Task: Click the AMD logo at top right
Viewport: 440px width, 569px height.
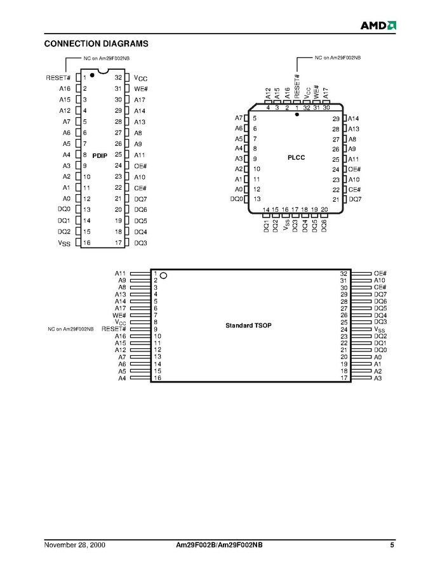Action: pyautogui.click(x=378, y=25)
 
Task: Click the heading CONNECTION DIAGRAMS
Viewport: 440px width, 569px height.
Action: pyautogui.click(x=97, y=44)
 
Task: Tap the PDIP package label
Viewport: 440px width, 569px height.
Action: pyautogui.click(x=100, y=155)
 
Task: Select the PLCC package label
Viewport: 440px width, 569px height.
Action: pyautogui.click(x=296, y=157)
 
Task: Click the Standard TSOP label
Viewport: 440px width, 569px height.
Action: pyautogui.click(x=248, y=325)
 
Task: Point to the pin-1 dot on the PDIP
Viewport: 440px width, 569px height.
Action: pyautogui.click(x=92, y=75)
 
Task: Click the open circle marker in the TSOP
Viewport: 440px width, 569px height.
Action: pyautogui.click(x=164, y=276)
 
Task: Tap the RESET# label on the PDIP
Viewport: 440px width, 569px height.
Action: pyautogui.click(x=58, y=77)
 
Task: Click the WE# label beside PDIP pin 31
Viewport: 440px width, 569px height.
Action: pyautogui.click(x=141, y=89)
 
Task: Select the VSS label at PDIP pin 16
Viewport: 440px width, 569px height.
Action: pyautogui.click(x=64, y=243)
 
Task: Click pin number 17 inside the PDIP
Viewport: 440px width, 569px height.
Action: pyautogui.click(x=119, y=242)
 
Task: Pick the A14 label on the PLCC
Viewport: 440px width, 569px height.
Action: pyautogui.click(x=353, y=118)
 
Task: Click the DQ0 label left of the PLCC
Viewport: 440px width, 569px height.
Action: pyautogui.click(x=237, y=199)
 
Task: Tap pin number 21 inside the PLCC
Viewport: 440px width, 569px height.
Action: pyautogui.click(x=336, y=199)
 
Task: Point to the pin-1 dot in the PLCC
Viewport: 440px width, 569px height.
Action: pyautogui.click(x=297, y=114)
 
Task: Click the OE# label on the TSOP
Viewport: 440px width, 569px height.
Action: pyautogui.click(x=380, y=273)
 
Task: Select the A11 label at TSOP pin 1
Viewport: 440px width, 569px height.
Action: pyautogui.click(x=120, y=273)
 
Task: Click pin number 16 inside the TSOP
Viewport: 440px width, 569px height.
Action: pyautogui.click(x=157, y=378)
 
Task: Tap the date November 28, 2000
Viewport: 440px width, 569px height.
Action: pyautogui.click(x=75, y=545)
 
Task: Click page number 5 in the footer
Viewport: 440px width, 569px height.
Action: pyautogui.click(x=392, y=545)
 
